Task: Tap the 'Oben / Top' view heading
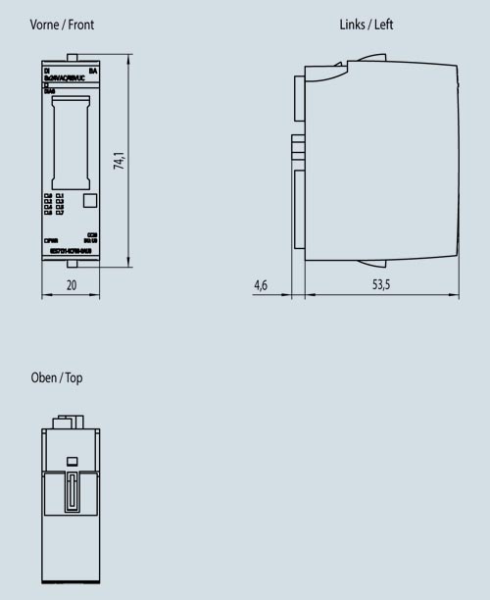[58, 377]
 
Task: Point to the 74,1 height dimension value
[119, 162]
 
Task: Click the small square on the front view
[90, 200]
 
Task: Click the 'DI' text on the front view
[47, 72]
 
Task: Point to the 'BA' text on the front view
[93, 72]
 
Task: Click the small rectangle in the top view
[71, 461]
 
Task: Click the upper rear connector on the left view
[298, 94]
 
